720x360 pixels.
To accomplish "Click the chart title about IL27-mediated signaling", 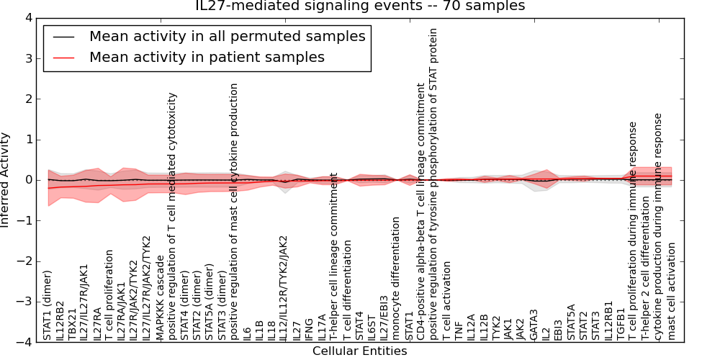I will (x=360, y=6).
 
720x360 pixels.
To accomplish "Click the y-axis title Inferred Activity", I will (x=6, y=180).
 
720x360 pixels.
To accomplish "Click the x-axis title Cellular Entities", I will (x=359, y=351).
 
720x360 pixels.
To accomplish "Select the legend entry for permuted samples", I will (x=227, y=36).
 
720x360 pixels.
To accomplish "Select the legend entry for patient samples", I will (x=207, y=57).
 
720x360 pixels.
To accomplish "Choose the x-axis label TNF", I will (x=459, y=330).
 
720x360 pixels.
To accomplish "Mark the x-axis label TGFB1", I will (x=621, y=325).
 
